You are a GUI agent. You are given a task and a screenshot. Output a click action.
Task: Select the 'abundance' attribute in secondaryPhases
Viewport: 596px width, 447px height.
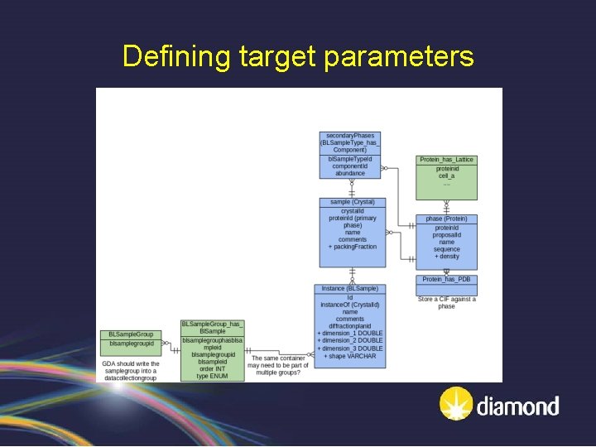[x=350, y=173]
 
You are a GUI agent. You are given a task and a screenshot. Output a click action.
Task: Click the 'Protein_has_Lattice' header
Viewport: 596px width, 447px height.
[x=446, y=159]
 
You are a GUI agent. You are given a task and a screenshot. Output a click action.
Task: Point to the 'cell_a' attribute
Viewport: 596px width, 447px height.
[x=446, y=175]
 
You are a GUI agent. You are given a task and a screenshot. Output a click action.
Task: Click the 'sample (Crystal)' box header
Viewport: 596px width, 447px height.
[x=352, y=202]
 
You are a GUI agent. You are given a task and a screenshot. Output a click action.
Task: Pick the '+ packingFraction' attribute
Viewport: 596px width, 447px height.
[x=352, y=247]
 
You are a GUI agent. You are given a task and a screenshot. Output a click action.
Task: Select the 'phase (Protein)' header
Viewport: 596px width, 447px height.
[x=446, y=219]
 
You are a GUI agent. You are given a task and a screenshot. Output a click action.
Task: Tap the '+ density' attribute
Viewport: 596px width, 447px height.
[x=446, y=257]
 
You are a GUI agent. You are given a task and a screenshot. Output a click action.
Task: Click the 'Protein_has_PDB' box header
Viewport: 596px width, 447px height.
[x=446, y=280]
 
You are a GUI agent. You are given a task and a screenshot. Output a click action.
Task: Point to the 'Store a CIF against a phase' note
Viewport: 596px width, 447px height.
[x=446, y=302]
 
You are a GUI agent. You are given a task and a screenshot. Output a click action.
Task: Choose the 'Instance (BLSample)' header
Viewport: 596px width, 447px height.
[x=350, y=288]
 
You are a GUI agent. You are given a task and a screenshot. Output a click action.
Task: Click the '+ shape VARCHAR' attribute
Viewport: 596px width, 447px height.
[x=350, y=356]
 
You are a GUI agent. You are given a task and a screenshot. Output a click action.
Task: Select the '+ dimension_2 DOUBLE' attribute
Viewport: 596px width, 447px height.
[x=350, y=340]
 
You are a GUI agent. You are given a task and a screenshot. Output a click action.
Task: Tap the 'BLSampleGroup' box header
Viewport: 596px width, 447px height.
[x=131, y=334]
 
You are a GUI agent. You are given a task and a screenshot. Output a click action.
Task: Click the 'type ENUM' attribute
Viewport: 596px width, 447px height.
[x=212, y=376]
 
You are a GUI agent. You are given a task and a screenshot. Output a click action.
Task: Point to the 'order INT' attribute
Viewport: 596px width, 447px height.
[x=212, y=369]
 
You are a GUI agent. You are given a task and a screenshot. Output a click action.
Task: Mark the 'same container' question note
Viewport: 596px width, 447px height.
[x=277, y=365]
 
